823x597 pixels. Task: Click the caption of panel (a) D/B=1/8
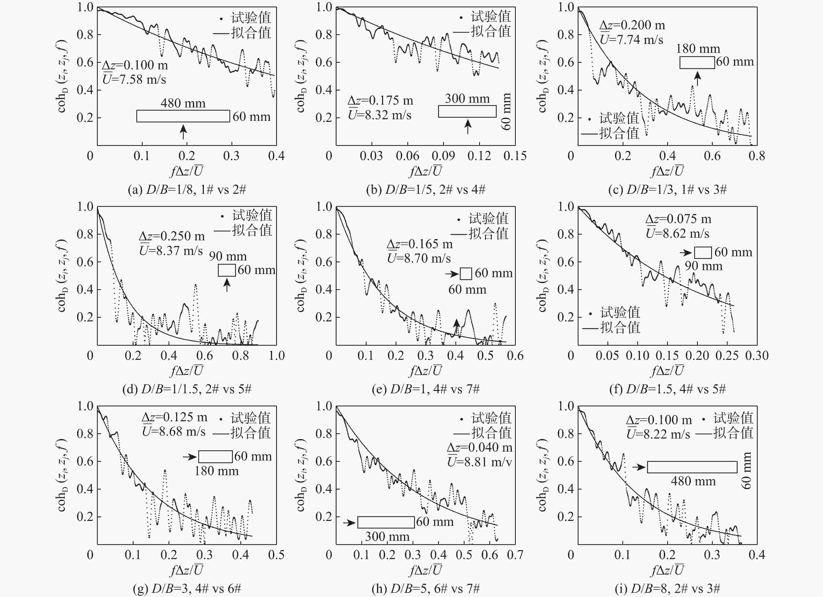point(187,190)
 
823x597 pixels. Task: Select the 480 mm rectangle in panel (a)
point(183,116)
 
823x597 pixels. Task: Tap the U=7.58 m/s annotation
point(134,79)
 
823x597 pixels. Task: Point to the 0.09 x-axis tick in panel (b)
point(443,156)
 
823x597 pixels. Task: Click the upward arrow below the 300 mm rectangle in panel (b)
point(468,126)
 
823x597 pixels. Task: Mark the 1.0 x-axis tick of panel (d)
point(276,356)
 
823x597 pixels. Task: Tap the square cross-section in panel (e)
point(466,274)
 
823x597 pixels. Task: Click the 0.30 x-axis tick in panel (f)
point(757,356)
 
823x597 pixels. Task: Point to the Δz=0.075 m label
point(678,219)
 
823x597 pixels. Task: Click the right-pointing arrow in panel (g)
point(189,457)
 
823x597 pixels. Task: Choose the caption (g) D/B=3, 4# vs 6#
point(187,589)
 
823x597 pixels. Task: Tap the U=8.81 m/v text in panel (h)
point(479,462)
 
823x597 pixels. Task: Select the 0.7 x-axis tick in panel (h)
point(515,555)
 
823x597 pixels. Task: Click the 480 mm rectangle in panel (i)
point(692,467)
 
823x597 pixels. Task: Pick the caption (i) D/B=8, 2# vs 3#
point(667,589)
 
